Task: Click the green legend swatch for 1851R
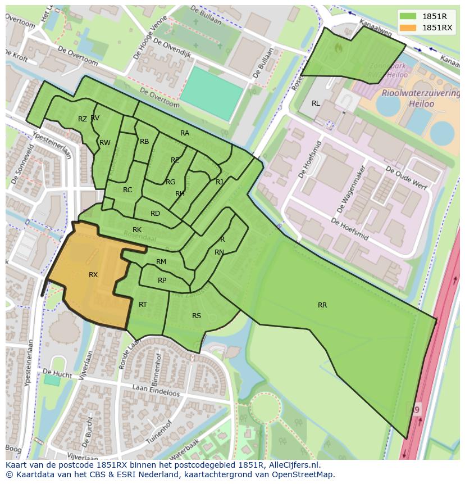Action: tap(408, 16)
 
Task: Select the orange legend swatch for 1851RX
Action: tap(408, 28)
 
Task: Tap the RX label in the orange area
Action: tap(93, 275)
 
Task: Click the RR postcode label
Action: tap(322, 305)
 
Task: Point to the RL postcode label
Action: tap(316, 103)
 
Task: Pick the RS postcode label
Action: tap(197, 316)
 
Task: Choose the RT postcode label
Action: tap(143, 305)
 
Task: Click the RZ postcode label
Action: tap(83, 119)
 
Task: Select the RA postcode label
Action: tap(185, 133)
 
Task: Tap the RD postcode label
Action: tap(155, 214)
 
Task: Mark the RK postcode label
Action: tap(137, 230)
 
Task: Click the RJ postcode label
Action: tap(219, 182)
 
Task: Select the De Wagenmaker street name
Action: tap(350, 189)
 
